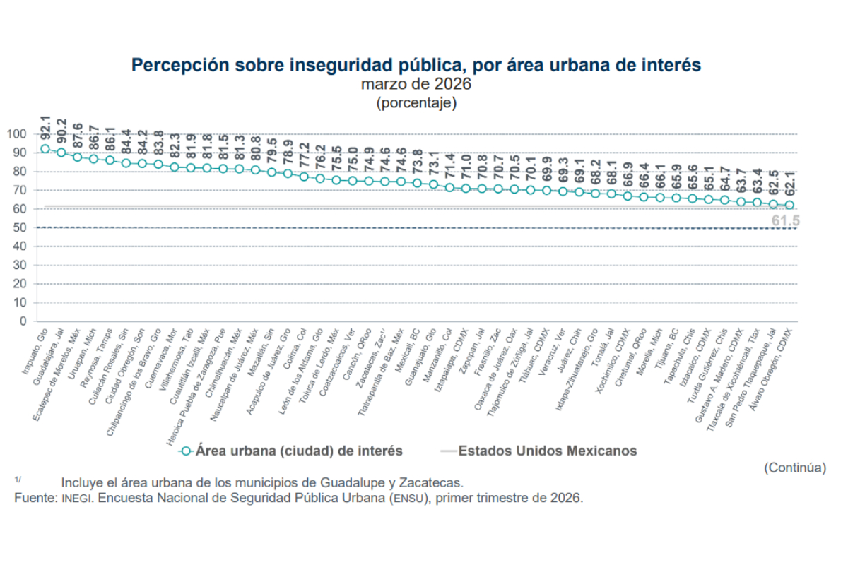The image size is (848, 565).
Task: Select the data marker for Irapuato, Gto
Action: [45, 149]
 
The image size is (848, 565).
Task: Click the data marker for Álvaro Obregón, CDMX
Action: [789, 205]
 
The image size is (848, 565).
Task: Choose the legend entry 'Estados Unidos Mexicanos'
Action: [548, 451]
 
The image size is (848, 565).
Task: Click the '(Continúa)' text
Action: [795, 468]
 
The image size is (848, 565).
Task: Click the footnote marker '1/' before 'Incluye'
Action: [18, 480]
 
